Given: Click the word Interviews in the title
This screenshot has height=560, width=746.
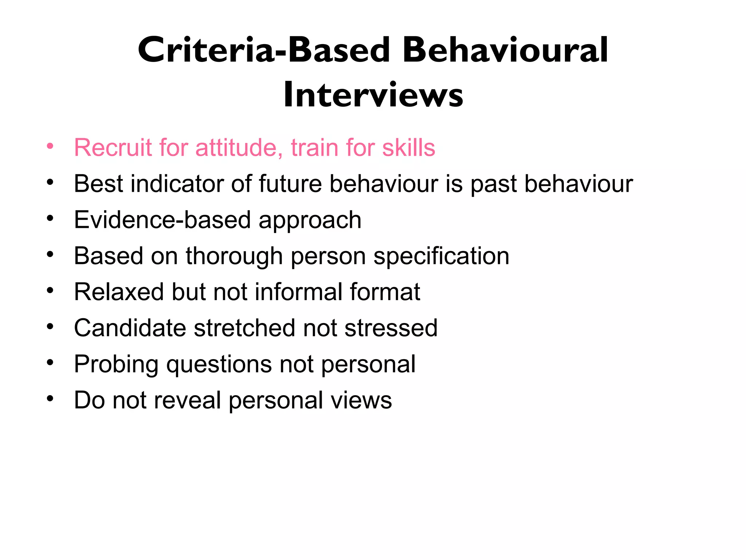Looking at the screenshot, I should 373,95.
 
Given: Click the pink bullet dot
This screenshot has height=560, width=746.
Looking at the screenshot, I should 50,146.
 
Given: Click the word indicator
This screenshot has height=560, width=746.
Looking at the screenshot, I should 177,183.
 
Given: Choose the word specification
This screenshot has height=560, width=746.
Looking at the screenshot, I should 441,256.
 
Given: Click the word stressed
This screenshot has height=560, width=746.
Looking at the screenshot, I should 391,328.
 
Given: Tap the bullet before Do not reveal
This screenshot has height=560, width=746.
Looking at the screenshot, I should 50,398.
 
